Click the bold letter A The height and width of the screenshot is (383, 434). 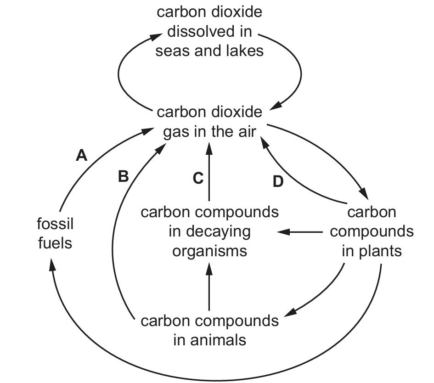(81, 156)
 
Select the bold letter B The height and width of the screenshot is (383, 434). (123, 177)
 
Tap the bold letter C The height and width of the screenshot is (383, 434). (197, 179)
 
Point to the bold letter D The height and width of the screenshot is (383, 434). (278, 182)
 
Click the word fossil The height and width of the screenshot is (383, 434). (55, 225)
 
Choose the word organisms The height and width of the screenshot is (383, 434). (210, 251)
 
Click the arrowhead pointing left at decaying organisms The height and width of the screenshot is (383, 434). (282, 232)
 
